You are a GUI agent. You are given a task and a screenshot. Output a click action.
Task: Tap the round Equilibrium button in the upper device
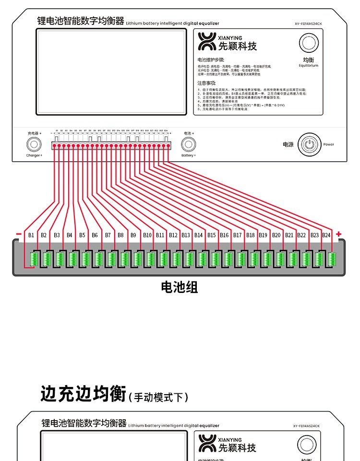point(309,44)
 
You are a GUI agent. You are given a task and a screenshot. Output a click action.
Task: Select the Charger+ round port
point(34,144)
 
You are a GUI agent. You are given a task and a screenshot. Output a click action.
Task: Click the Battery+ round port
point(187,144)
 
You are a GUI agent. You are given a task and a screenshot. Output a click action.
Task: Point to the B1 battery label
point(31,235)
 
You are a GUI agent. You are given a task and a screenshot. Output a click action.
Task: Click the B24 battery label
point(326,235)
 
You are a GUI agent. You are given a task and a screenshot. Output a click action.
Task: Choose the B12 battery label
point(173,235)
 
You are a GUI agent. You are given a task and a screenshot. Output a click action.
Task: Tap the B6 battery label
point(95,235)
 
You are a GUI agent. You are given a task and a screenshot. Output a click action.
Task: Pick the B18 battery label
point(250,235)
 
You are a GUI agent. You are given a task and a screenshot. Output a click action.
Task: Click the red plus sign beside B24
point(339,234)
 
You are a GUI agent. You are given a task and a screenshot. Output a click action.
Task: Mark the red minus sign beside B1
point(19,234)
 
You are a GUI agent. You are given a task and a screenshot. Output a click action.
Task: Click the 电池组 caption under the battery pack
point(179,288)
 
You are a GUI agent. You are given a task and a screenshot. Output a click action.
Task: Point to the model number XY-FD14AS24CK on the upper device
point(308,23)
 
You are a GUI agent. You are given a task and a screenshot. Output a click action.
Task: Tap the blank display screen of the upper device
point(111,73)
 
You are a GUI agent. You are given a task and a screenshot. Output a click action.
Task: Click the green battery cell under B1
point(34,259)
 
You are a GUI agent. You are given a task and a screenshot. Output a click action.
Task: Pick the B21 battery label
point(289,235)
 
